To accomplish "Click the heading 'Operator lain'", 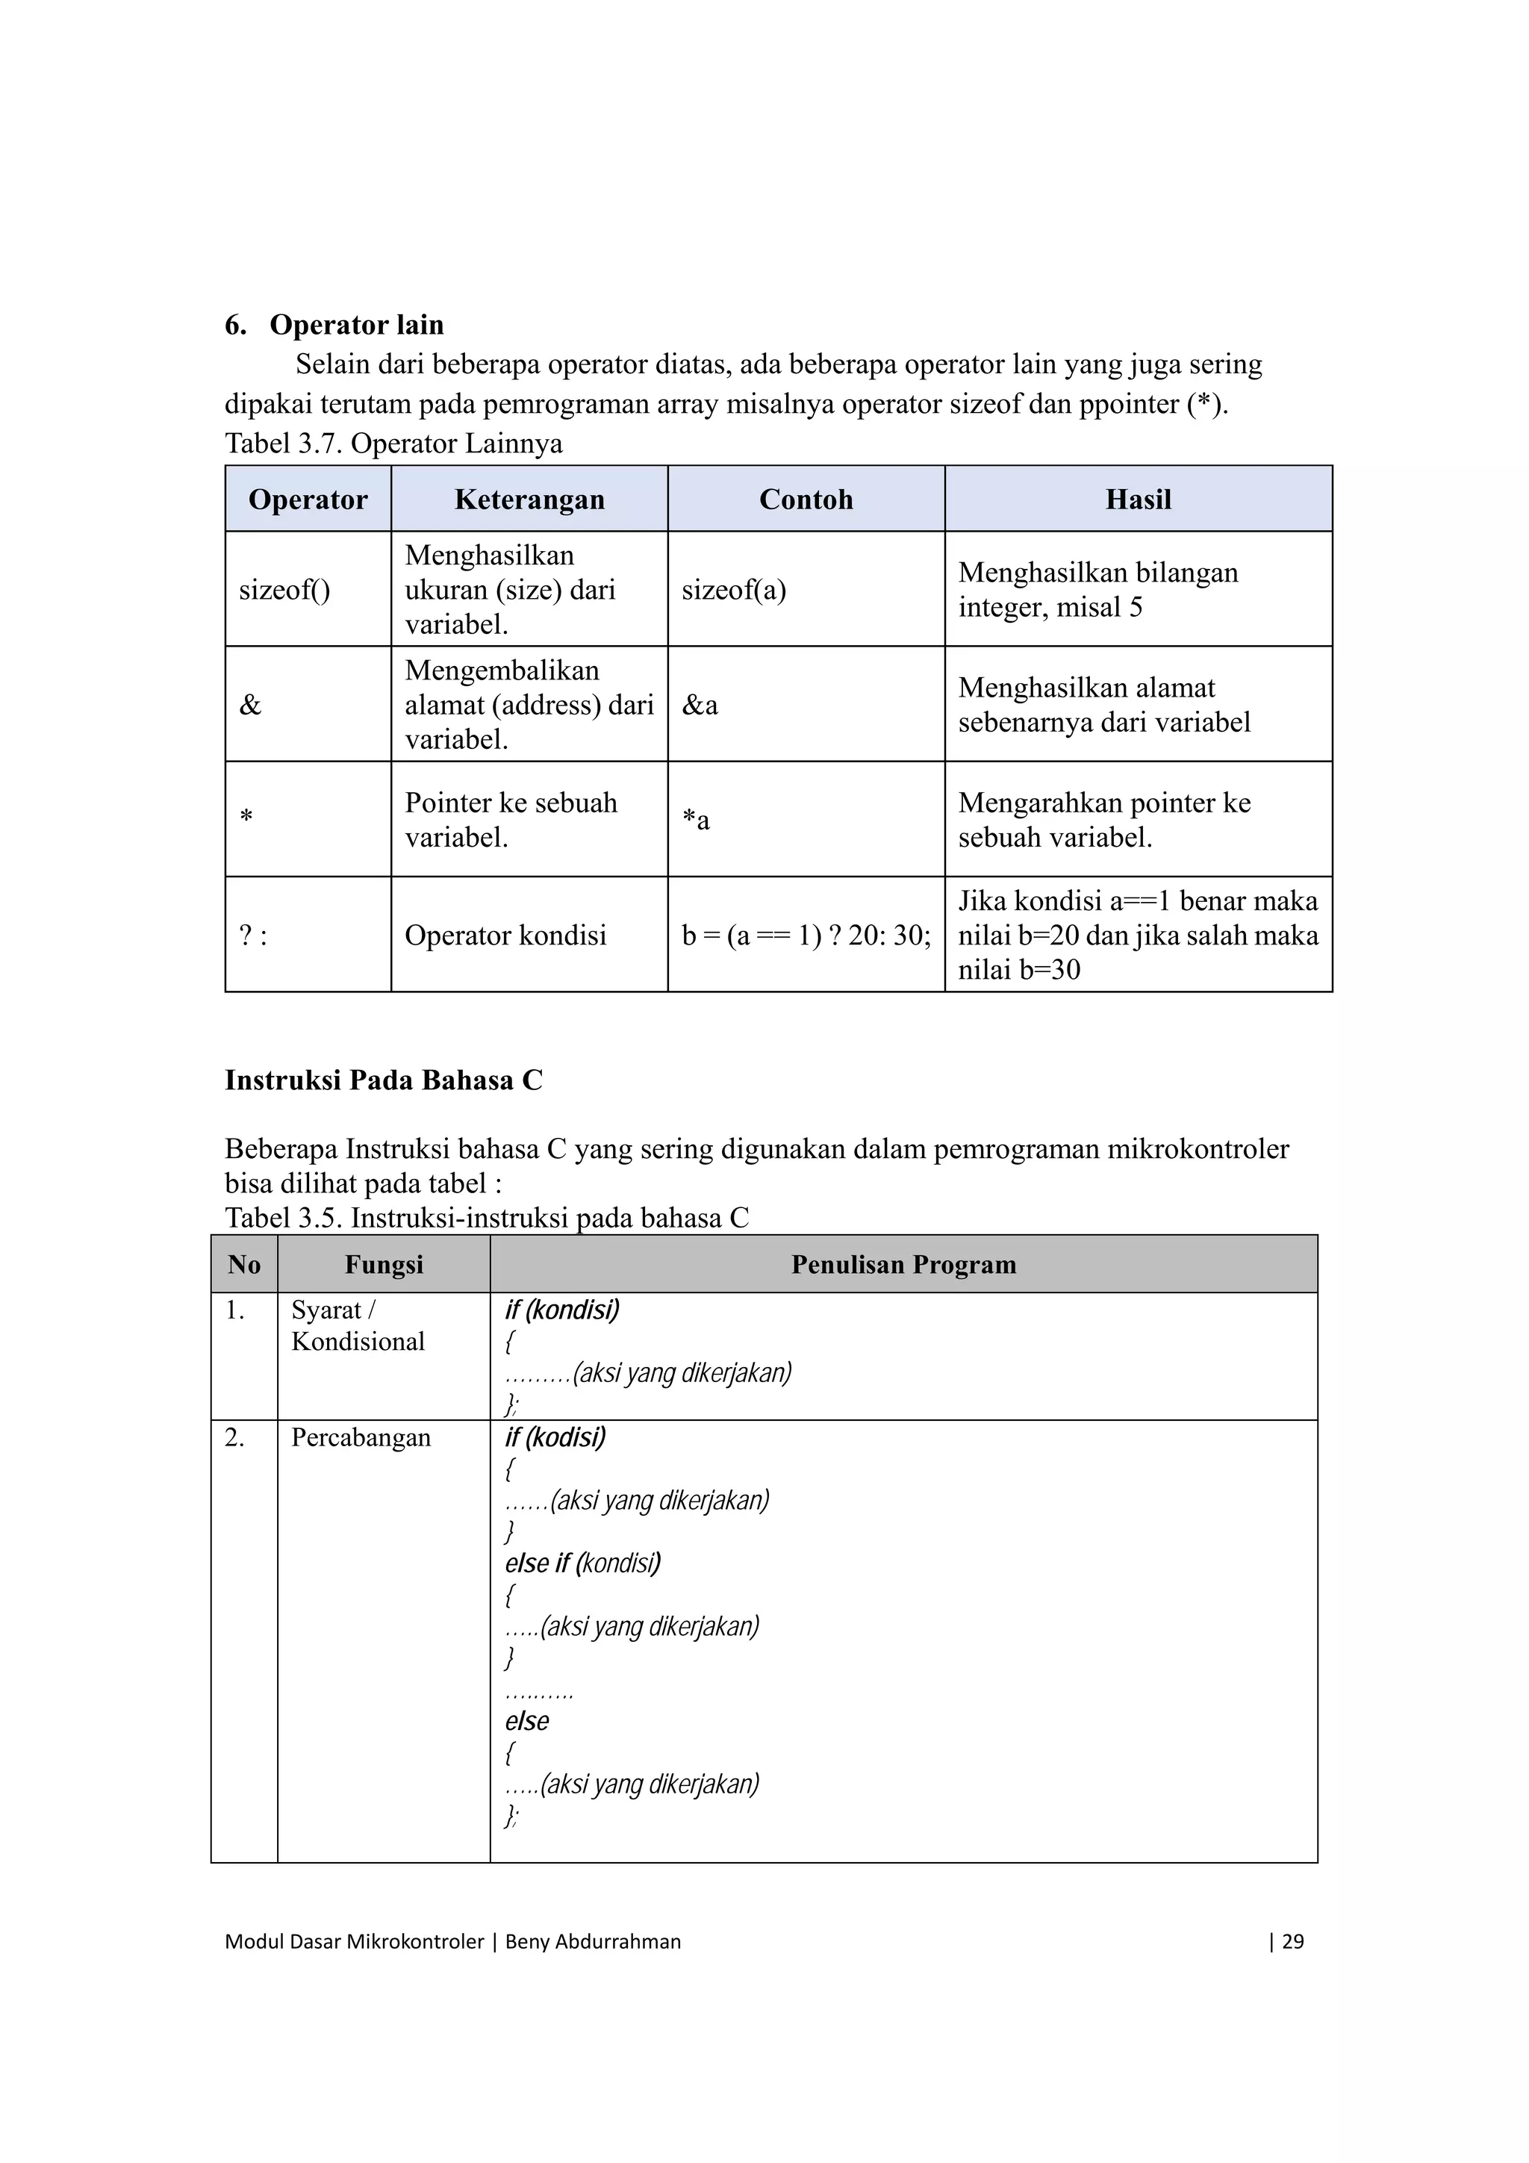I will [356, 325].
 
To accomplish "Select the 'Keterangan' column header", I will [529, 499].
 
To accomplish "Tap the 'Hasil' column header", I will [1138, 499].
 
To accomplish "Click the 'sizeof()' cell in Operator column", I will [284, 590].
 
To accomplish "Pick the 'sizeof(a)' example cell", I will [734, 590].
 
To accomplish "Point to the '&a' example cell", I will [700, 705].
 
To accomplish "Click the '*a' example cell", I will [697, 820].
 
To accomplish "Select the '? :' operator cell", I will [253, 936].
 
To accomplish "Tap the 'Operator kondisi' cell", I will [506, 936].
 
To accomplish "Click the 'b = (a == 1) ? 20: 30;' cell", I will [806, 936].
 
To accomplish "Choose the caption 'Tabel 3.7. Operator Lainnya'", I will [393, 444].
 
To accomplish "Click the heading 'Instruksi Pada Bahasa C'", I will [384, 1080].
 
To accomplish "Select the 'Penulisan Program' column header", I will [903, 1264].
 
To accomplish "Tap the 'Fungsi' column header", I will [384, 1264].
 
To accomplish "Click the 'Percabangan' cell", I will [361, 1437].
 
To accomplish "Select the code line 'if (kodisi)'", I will [555, 1437].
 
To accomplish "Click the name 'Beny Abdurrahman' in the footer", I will [593, 1941].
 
